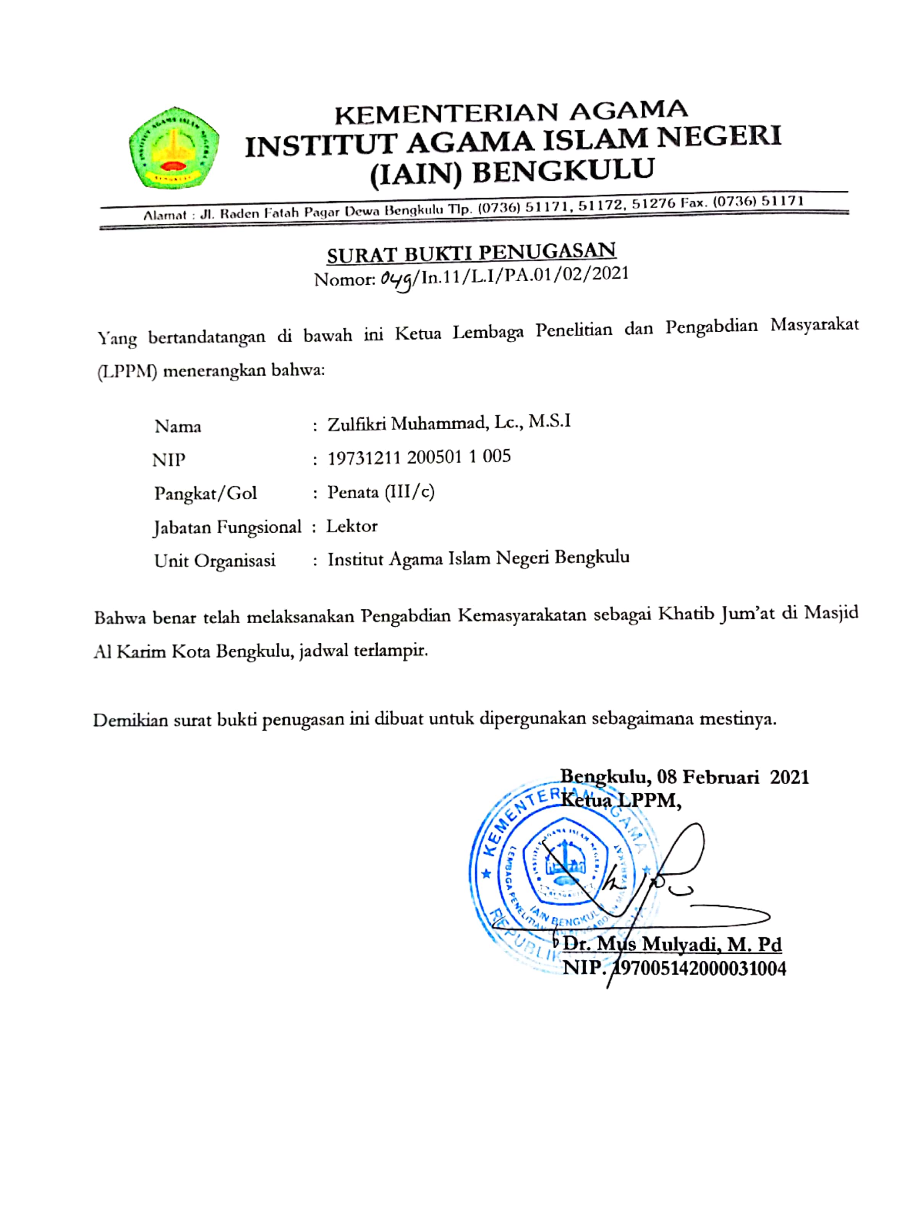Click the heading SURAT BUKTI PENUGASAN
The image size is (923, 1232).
pyautogui.click(x=471, y=252)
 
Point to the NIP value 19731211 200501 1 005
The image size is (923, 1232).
pyautogui.click(x=419, y=458)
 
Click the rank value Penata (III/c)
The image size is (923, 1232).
pyautogui.click(x=381, y=492)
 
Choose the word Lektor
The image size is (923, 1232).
pyautogui.click(x=352, y=526)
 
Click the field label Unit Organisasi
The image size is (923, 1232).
pyautogui.click(x=215, y=560)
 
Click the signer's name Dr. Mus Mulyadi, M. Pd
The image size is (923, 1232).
pyautogui.click(x=672, y=944)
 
